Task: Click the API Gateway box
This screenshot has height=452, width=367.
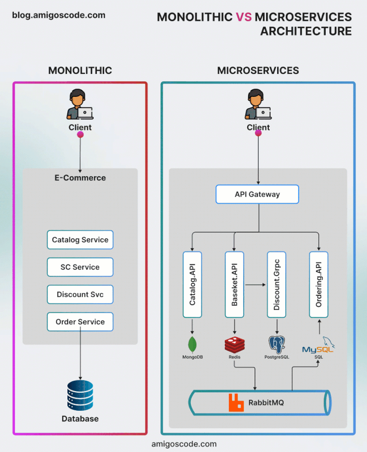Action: [x=257, y=194]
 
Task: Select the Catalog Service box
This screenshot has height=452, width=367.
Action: [x=80, y=240]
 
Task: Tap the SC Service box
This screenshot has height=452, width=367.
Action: [x=80, y=267]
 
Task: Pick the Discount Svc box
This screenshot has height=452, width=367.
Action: [x=80, y=295]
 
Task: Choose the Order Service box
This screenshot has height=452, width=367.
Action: [x=80, y=322]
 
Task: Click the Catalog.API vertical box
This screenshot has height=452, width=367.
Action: [x=192, y=285]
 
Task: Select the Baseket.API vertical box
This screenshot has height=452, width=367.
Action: [x=234, y=285]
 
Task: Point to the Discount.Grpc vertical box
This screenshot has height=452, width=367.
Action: [x=277, y=285]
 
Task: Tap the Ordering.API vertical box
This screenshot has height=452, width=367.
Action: [x=319, y=285]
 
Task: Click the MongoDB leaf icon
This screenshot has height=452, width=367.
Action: [x=192, y=345]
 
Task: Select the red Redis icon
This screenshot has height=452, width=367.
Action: [x=234, y=345]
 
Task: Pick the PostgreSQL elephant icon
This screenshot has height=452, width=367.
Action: [x=277, y=344]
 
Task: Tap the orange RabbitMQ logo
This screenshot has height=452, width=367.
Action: [x=236, y=402]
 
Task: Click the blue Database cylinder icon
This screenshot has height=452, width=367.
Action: [x=80, y=396]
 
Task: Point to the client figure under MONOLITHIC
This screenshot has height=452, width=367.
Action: [x=80, y=104]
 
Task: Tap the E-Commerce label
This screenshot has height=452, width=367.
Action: [x=80, y=178]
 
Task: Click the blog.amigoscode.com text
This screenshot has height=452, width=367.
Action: [x=59, y=15]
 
